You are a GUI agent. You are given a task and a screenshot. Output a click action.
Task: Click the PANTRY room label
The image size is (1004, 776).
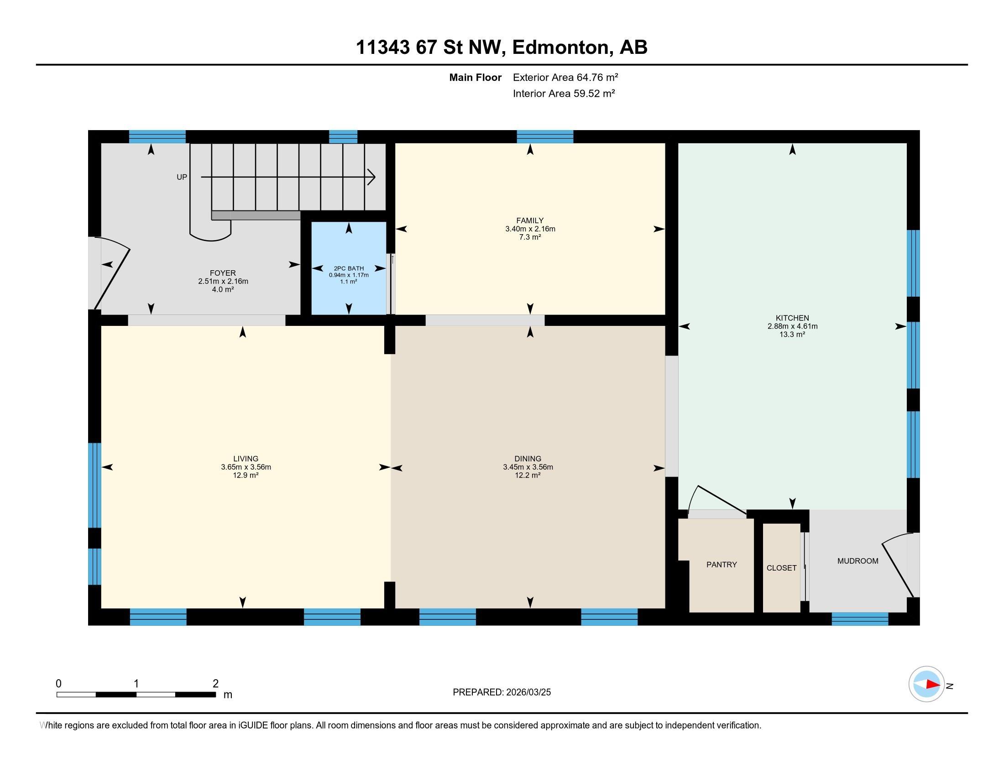tap(721, 565)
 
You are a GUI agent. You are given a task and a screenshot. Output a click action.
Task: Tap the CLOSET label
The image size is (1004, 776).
tap(781, 568)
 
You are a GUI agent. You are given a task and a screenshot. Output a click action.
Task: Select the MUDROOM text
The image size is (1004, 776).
tap(858, 561)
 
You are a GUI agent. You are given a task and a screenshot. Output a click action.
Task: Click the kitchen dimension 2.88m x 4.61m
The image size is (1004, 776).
tap(792, 326)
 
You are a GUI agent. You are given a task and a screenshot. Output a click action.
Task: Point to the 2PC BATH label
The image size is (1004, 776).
tap(349, 268)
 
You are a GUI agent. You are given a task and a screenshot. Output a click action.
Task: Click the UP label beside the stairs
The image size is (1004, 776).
tap(182, 177)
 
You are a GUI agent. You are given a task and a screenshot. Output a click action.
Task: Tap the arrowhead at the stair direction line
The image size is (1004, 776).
tap(371, 177)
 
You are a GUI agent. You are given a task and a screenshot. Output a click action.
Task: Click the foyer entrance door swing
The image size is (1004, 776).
tap(113, 273)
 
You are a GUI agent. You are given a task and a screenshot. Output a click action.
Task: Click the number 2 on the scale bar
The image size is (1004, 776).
tap(215, 684)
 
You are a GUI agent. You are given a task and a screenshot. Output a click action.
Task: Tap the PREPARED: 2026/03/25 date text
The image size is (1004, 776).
tap(502, 692)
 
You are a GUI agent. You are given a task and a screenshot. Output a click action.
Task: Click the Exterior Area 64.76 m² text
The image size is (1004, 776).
tap(565, 77)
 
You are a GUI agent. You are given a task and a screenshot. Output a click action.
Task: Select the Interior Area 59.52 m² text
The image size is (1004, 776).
tap(564, 93)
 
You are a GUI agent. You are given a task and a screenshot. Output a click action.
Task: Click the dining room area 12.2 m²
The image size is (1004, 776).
tap(527, 475)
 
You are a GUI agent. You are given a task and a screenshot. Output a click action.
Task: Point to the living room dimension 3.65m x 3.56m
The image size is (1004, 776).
tap(246, 467)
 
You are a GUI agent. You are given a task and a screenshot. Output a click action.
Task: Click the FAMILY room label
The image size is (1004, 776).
tap(529, 220)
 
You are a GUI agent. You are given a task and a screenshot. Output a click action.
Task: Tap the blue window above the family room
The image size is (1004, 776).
tap(545, 137)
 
